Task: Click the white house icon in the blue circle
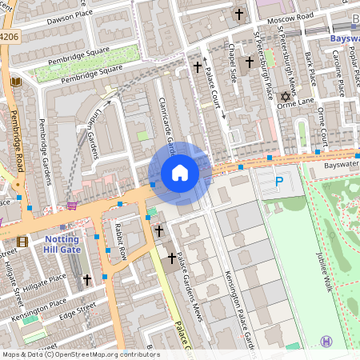pyautogui.click(x=180, y=173)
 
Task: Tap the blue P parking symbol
pyautogui.click(x=279, y=183)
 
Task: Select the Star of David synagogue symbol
pyautogui.click(x=284, y=98)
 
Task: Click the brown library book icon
pyautogui.click(x=15, y=82)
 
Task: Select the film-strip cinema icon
pyautogui.click(x=22, y=242)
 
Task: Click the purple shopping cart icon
pyautogui.click(x=73, y=204)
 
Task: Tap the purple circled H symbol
pyautogui.click(x=326, y=342)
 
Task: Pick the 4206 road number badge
pyautogui.click(x=9, y=37)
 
